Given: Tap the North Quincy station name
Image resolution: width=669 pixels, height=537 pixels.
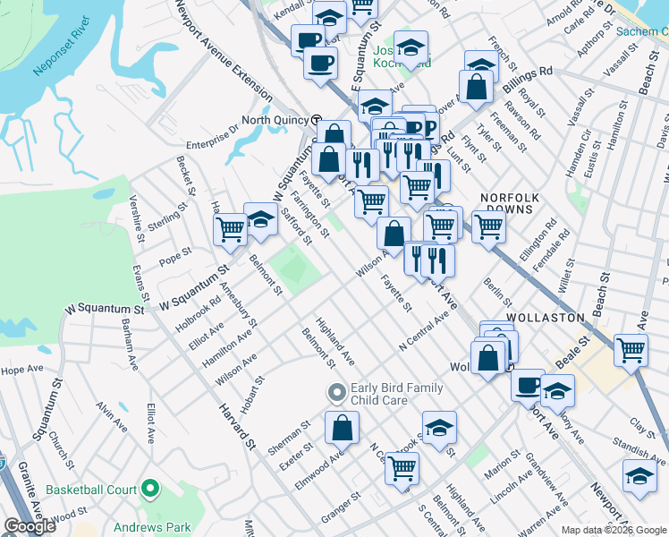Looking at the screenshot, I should pyautogui.click(x=275, y=120).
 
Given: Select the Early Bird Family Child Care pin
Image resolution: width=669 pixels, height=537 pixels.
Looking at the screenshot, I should pyautogui.click(x=336, y=392).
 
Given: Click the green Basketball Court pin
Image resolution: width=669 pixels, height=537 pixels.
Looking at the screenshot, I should pyautogui.click(x=149, y=490).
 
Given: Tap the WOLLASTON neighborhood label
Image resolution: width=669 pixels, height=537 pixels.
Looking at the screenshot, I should pyautogui.click(x=545, y=318).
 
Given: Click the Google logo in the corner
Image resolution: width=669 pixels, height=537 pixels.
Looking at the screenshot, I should pyautogui.click(x=29, y=526).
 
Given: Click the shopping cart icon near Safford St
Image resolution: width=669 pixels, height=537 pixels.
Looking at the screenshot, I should pyautogui.click(x=231, y=229).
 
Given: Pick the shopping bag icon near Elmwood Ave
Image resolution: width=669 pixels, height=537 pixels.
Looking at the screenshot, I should pyautogui.click(x=342, y=428).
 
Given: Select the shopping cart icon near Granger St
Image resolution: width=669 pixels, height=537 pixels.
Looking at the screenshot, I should pyautogui.click(x=402, y=466).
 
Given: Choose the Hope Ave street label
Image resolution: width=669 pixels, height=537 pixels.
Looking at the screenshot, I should pyautogui.click(x=21, y=369).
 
